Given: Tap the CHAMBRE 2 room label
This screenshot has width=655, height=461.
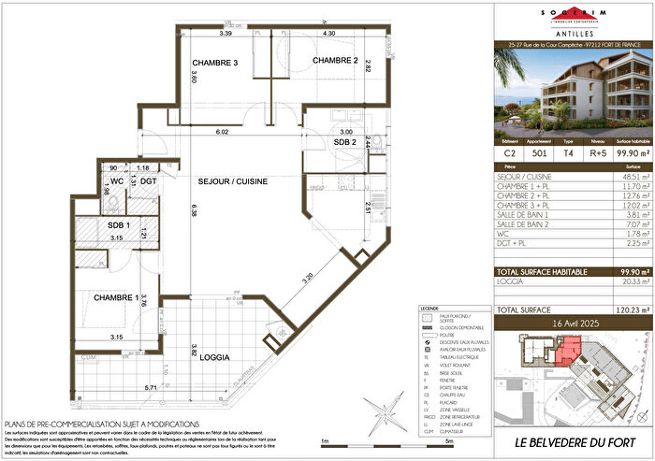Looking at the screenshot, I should point(335,61).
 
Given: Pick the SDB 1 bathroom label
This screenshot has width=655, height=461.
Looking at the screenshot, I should point(118,225).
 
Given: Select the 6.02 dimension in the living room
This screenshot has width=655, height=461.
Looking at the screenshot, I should point(222,132).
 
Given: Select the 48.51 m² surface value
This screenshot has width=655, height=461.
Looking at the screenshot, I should point(624,175).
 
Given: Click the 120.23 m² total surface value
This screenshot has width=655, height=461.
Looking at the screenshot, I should point(622,308).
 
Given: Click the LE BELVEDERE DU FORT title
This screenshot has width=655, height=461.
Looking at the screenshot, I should point(573,439).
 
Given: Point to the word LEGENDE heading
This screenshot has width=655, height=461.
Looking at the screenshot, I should point(432,306).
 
